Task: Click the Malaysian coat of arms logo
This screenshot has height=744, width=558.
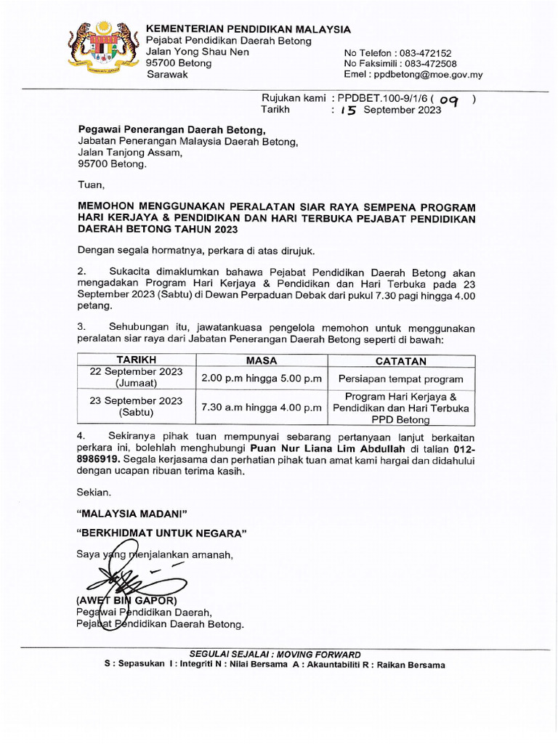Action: tap(103, 50)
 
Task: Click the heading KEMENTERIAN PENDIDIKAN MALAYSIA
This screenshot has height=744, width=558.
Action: tap(248, 29)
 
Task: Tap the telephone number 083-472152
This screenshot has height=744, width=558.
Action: tap(425, 53)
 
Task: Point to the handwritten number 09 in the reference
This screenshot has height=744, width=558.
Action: tap(450, 102)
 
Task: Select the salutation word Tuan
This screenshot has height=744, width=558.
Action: tap(91, 185)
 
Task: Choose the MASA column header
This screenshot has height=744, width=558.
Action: tap(262, 361)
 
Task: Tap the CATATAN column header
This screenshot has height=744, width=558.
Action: tap(401, 361)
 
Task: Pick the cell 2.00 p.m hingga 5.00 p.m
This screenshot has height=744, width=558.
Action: tap(262, 379)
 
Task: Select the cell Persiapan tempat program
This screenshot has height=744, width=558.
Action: tap(401, 379)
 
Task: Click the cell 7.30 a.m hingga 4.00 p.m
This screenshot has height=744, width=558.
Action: tap(262, 408)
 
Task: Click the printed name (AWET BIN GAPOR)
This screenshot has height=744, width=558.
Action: tap(127, 601)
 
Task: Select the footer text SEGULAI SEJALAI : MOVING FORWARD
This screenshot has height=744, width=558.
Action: tap(275, 654)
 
